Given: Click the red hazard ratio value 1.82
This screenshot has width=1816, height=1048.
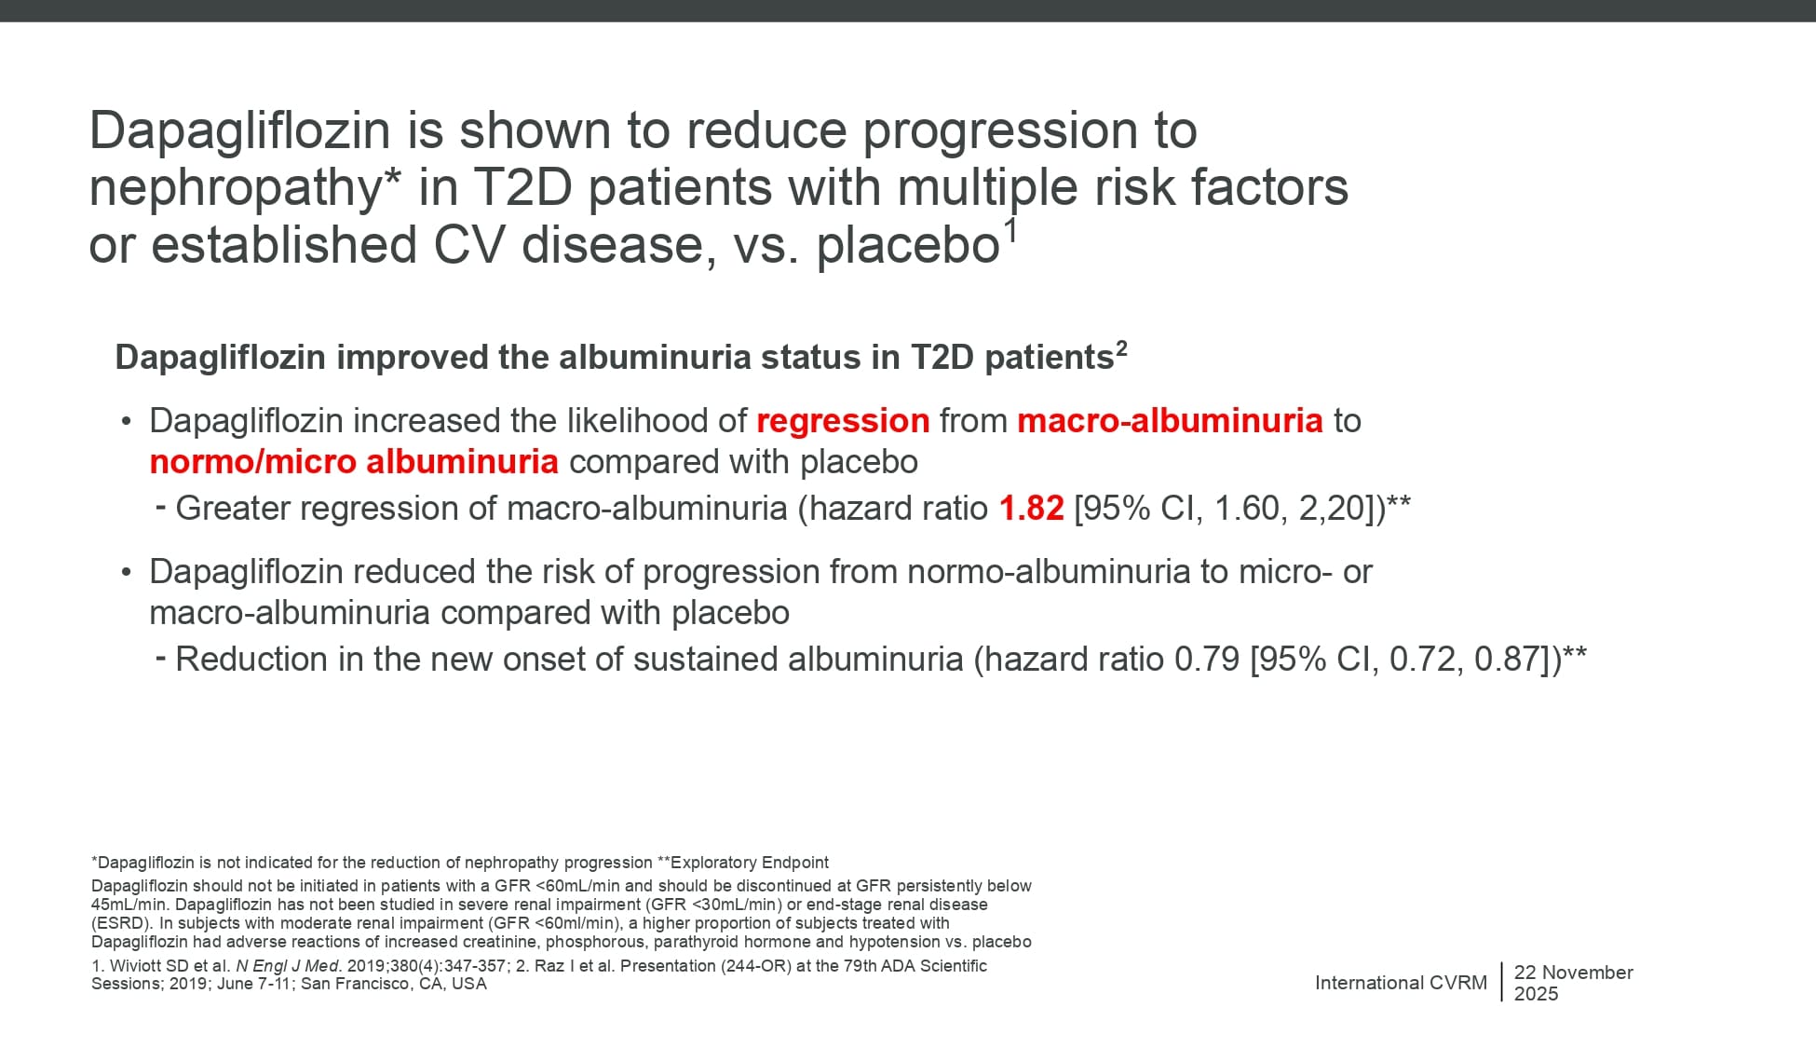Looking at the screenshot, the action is tap(1031, 509).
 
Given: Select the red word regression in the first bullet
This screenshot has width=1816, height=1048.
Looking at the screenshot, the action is tap(843, 422).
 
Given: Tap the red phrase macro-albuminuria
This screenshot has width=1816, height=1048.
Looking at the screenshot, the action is tap(1170, 421).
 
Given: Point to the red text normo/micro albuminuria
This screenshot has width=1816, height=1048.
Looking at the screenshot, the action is tap(354, 462).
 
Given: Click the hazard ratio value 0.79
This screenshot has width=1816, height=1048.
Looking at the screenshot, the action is tap(1207, 660).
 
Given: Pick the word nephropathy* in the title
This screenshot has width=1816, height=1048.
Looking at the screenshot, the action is tap(245, 189).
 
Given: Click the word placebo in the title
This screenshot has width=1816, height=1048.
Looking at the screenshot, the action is tap(908, 246).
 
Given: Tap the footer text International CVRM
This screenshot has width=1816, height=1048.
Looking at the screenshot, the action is tap(1401, 983).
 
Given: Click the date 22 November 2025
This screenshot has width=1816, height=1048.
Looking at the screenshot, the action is tap(1573, 983).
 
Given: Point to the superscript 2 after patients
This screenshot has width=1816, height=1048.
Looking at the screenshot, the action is tap(1121, 348).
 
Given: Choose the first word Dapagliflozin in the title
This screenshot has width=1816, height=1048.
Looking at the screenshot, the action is tap(239, 131).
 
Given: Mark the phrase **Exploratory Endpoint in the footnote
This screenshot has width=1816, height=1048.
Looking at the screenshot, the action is tap(743, 863).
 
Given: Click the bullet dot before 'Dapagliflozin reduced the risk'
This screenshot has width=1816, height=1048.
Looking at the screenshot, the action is tap(127, 572).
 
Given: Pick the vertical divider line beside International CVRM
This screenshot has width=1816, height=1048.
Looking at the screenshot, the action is tap(1501, 982).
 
